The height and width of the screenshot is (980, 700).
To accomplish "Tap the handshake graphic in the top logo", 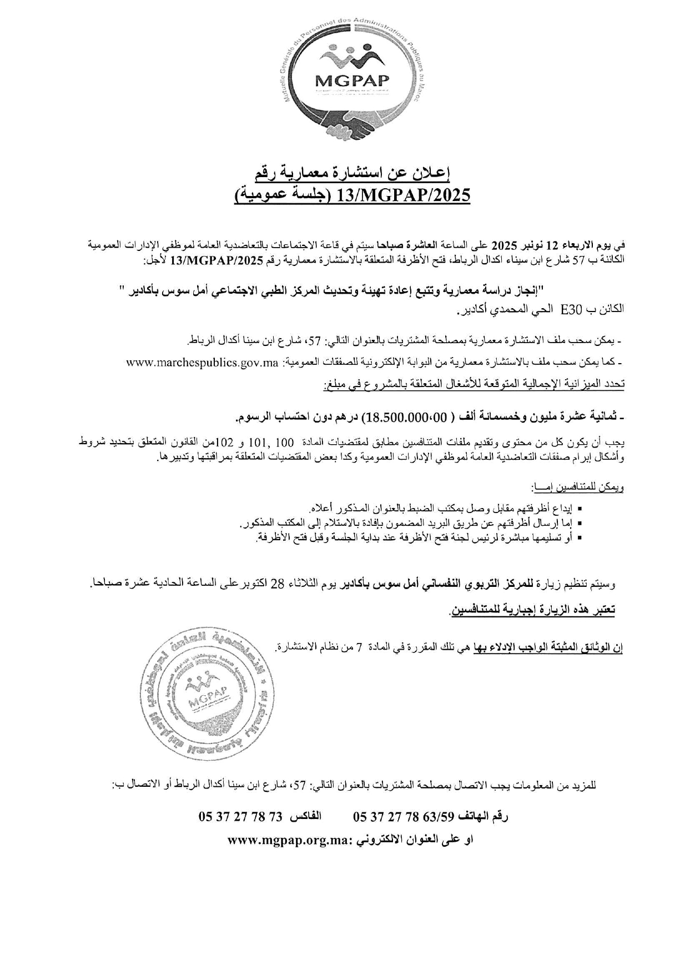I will [x=352, y=124].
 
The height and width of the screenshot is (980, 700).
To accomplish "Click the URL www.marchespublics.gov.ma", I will [x=202, y=363].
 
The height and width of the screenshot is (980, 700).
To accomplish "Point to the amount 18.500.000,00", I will [x=404, y=417].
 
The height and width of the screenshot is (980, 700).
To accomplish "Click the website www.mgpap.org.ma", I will [x=288, y=840].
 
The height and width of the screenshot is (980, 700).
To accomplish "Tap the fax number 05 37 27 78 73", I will [x=241, y=817].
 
